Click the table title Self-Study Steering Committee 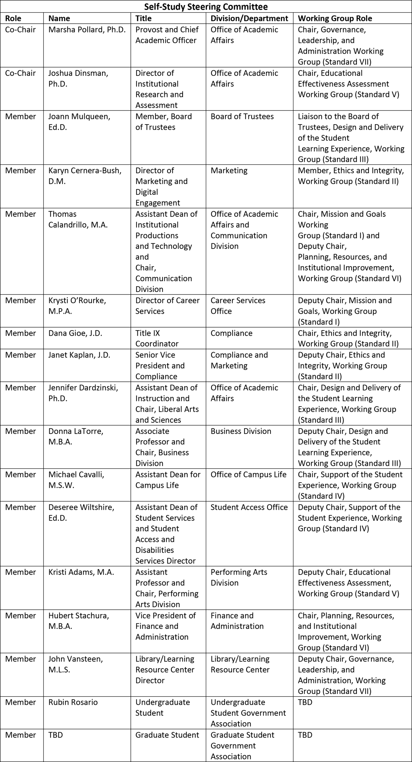pyautogui.click(x=206, y=7)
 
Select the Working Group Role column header pyautogui.click(x=335, y=18)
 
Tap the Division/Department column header pyautogui.click(x=249, y=18)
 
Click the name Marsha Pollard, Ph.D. pyautogui.click(x=87, y=30)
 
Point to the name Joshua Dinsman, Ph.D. pyautogui.click(x=78, y=78)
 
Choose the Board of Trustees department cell pyautogui.click(x=242, y=116)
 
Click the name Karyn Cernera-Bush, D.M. pyautogui.click(x=85, y=176)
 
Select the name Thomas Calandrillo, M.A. pyautogui.click(x=78, y=219)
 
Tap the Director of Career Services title pyautogui.click(x=167, y=306)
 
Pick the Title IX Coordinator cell pyautogui.click(x=157, y=338)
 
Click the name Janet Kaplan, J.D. pyautogui.click(x=79, y=355)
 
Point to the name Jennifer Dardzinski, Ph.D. pyautogui.click(x=83, y=393)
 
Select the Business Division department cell pyautogui.click(x=241, y=431)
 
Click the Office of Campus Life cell pyautogui.click(x=248, y=474)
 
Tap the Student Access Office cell pyautogui.click(x=249, y=507)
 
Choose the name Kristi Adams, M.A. pyautogui.click(x=81, y=572)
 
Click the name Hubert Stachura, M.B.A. pyautogui.click(x=79, y=621)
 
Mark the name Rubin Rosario pyautogui.click(x=73, y=702)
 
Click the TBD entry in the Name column pyautogui.click(x=56, y=735)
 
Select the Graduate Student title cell pyautogui.click(x=167, y=735)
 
